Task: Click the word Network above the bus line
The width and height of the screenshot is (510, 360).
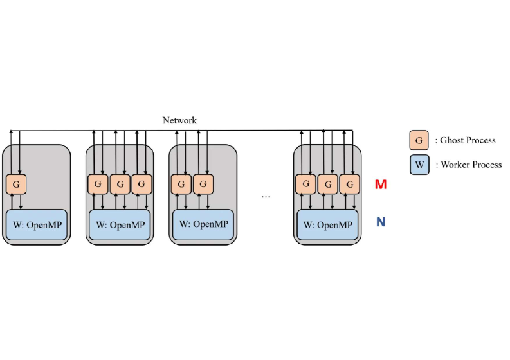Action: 179,120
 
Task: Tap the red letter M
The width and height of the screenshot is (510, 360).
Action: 381,185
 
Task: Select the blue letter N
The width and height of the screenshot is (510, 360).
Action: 381,222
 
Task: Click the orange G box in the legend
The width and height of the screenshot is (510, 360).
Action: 419,140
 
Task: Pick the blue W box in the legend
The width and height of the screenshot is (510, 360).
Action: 419,165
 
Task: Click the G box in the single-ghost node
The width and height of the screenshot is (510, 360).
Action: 15,184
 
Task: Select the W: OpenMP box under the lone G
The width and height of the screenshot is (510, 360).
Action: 37,225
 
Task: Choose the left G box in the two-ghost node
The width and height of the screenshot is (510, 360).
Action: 181,184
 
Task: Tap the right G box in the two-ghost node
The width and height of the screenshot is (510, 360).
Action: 203,184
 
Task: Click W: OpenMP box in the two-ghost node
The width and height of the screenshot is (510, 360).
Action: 203,224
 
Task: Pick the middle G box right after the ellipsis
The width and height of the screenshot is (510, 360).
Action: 327,184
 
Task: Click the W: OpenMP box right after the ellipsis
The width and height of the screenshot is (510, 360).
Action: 327,225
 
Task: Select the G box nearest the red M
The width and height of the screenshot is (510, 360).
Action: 349,184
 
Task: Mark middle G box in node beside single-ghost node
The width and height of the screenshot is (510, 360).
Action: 120,184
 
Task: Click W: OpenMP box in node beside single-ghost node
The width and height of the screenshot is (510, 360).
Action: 120,225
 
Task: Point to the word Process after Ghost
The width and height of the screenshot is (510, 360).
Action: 481,140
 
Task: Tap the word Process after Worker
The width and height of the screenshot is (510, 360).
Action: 487,165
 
